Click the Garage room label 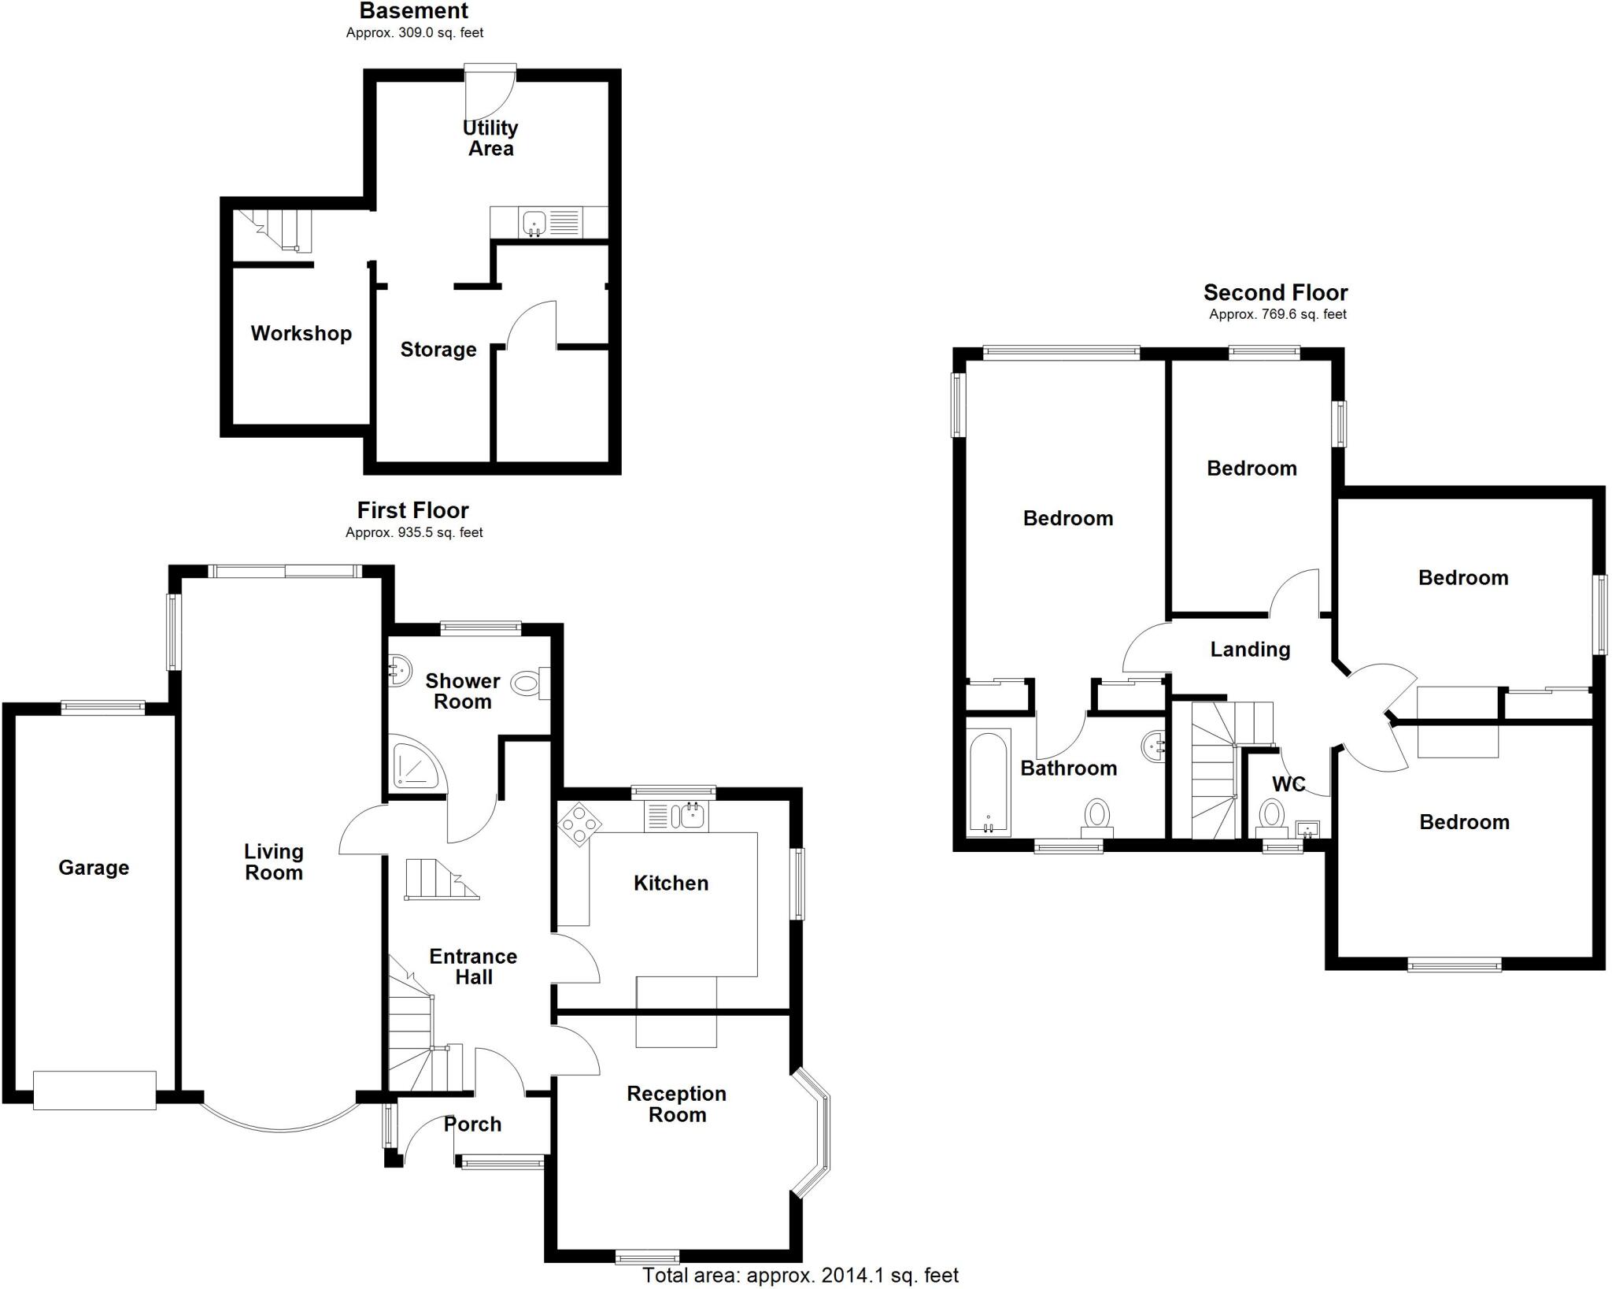(x=94, y=868)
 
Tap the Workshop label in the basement (x=301, y=333)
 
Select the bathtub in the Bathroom (x=987, y=781)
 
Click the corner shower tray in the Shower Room (x=416, y=763)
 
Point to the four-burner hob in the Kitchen (x=579, y=824)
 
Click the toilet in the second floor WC (x=1270, y=814)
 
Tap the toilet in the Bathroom (x=1097, y=815)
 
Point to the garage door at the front (x=94, y=1090)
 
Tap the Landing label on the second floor (x=1250, y=650)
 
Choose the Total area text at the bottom (x=800, y=1275)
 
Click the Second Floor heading (x=1275, y=293)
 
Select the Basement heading (x=413, y=11)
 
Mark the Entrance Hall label (x=473, y=966)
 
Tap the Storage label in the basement (x=438, y=350)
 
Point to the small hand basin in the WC (x=1307, y=828)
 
